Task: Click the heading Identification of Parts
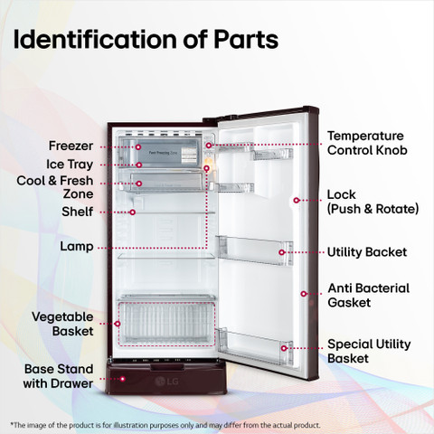coord(146,40)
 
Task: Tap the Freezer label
coord(71,146)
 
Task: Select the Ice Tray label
coord(70,165)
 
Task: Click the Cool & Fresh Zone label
coord(55,187)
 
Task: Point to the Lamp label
coord(77,247)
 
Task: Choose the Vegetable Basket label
coord(62,324)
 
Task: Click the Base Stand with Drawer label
coord(58,376)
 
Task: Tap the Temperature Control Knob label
coord(367,143)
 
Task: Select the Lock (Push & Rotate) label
coord(373,202)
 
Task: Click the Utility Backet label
coord(367,252)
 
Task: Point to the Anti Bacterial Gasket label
coord(369,296)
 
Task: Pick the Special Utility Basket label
coord(369,351)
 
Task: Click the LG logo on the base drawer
coord(166,382)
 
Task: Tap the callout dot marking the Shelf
coord(132,212)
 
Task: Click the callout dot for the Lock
coord(297,200)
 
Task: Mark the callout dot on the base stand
coord(123,379)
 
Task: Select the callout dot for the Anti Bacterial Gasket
coord(304,294)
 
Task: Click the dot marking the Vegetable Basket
coord(118,324)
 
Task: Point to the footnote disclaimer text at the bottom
coord(165,425)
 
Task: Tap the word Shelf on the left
coord(78,212)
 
